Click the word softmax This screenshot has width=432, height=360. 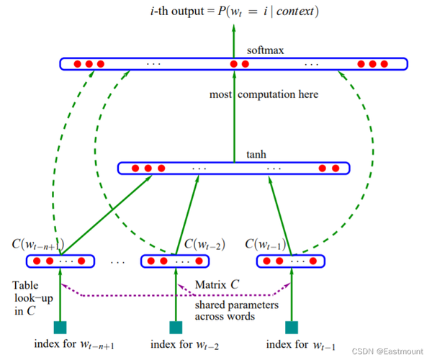pos(265,50)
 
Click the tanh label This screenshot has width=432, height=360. pos(256,154)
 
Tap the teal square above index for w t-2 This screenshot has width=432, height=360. pos(176,328)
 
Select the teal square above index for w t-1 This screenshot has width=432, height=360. pos(292,328)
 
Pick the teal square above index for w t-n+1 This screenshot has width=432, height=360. pos(60,328)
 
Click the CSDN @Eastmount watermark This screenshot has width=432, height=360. pos(387,351)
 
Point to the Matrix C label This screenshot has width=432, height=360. pos(217,284)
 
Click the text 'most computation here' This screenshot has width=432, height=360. pos(264,94)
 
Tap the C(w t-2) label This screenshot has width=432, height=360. pos(204,244)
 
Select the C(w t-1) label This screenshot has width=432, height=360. pos(265,244)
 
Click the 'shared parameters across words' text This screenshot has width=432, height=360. pos(237,311)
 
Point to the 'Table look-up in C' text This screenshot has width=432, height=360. pos(32,298)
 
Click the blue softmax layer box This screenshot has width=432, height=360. pos(233,58)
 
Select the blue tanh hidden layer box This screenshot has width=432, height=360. pos(233,163)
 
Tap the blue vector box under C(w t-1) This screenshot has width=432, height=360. pos(291,255)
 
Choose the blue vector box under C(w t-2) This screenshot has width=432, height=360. pos(175,255)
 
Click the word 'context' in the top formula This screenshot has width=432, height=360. pos(295,12)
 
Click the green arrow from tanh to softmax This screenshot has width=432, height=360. pos(234,117)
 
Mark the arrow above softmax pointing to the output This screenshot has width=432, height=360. pos(234,41)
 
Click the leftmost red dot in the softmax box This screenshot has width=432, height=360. pos(78,64)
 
